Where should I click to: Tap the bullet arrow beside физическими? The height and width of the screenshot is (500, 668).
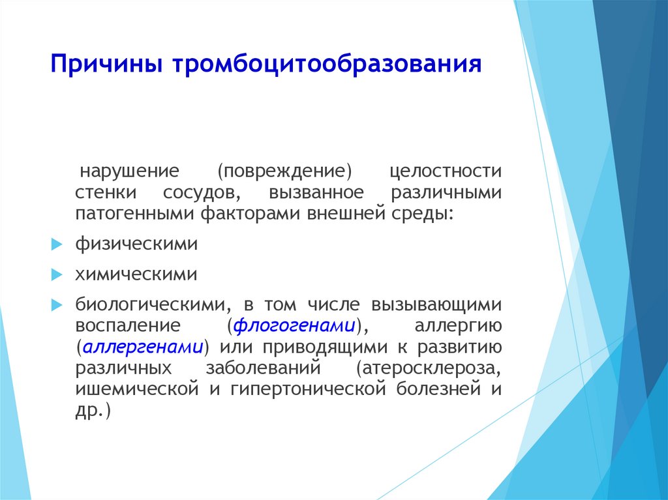click(x=57, y=244)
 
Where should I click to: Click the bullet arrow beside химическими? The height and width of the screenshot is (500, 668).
click(x=57, y=274)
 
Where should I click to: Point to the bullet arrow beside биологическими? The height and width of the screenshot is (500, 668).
click(x=57, y=305)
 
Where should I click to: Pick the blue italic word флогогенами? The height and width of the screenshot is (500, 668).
click(x=294, y=326)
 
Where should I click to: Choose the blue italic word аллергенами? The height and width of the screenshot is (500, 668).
click(x=143, y=347)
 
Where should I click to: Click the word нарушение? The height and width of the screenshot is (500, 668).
click(x=130, y=171)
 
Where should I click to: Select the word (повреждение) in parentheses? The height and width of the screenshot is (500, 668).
click(x=284, y=171)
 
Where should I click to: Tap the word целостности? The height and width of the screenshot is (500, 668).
click(x=446, y=171)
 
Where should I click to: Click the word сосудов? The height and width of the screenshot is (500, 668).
click(x=202, y=193)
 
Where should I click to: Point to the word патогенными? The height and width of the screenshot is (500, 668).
click(x=134, y=213)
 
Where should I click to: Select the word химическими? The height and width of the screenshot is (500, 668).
click(x=136, y=274)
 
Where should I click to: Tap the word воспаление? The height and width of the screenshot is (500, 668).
click(x=128, y=326)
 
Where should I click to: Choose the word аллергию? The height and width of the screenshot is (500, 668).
click(x=458, y=326)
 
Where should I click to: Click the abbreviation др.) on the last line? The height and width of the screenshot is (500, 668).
click(x=93, y=411)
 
